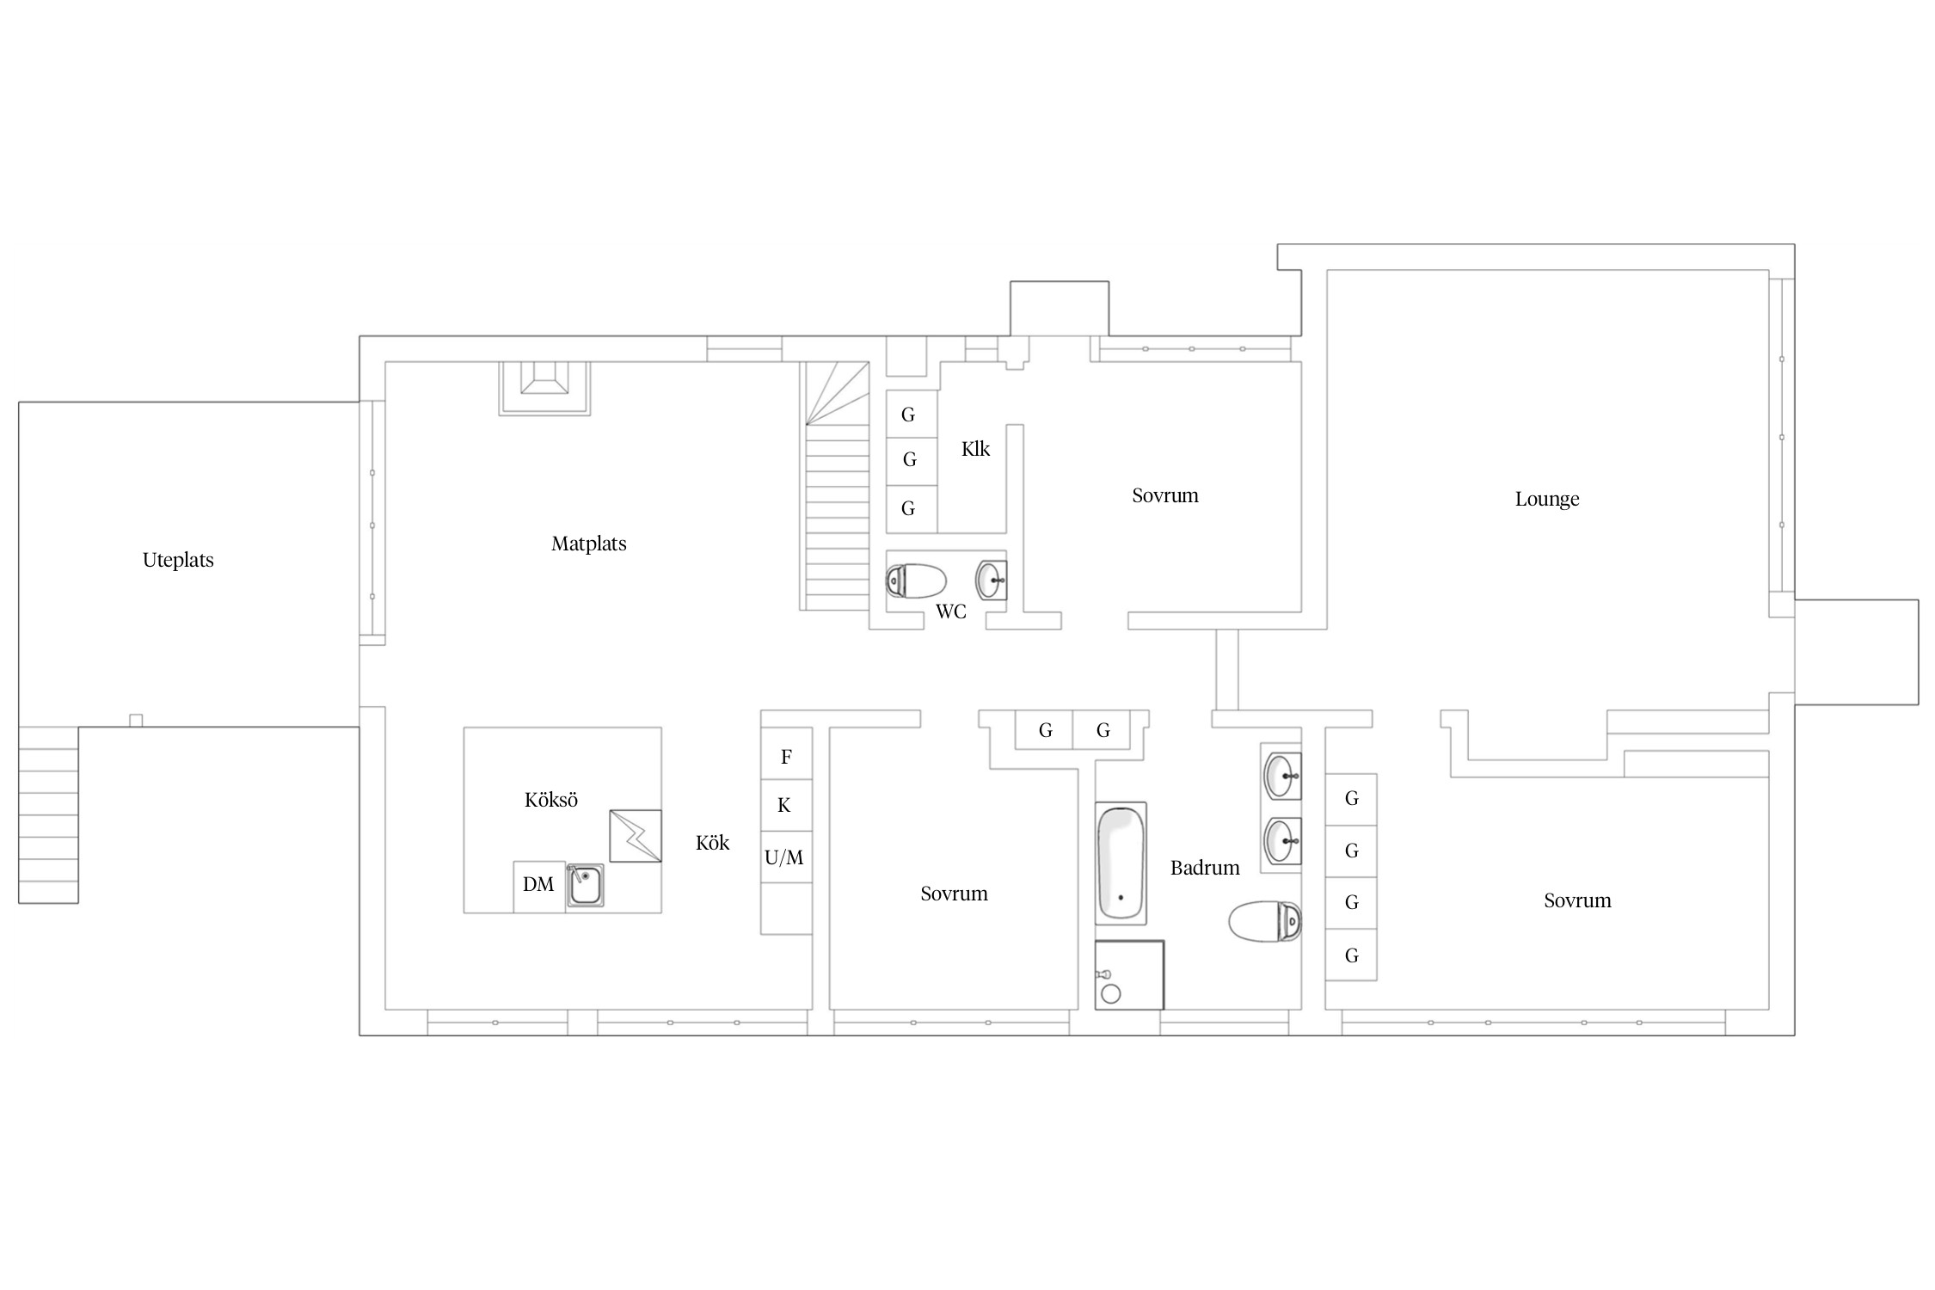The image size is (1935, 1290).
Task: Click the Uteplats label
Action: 178,560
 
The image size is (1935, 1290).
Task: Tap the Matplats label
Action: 589,544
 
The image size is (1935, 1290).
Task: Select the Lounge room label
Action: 1547,499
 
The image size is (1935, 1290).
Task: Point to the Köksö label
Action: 551,800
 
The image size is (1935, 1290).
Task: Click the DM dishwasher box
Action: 539,886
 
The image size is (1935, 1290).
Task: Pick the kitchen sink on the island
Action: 585,885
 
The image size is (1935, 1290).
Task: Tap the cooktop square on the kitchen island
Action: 636,836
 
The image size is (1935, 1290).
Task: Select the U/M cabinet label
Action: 784,857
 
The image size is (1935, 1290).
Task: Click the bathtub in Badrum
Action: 1121,863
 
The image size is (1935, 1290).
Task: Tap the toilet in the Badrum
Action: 1264,922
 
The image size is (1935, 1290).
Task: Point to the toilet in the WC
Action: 916,581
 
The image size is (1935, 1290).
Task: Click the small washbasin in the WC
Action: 992,580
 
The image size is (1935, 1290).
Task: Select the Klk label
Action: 975,449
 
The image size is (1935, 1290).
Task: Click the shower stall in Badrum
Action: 1129,974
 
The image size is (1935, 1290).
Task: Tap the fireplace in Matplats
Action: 544,389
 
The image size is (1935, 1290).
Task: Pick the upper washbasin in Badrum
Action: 1281,776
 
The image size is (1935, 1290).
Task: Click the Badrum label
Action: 1205,868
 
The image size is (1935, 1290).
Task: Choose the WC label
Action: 951,611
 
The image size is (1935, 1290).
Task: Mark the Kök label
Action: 712,843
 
